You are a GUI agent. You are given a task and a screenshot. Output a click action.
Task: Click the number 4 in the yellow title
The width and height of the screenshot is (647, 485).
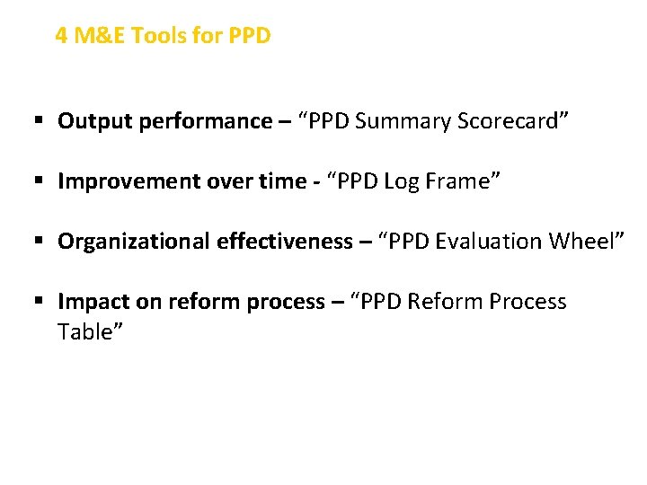point(61,36)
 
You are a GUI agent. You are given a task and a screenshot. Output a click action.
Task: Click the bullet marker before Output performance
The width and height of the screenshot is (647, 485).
point(40,121)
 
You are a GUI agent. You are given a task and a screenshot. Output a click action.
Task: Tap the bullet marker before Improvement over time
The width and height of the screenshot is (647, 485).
point(40,181)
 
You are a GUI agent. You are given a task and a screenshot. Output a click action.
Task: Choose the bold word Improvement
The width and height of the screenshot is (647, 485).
point(120,181)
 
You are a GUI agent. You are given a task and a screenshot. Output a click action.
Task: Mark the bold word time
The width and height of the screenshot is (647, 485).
point(282,181)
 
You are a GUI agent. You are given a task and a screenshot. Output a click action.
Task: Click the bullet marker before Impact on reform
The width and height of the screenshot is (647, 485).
point(40,302)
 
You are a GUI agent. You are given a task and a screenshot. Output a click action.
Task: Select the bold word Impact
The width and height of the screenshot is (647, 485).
point(89,302)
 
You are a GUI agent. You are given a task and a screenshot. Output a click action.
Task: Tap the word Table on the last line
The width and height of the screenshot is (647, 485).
point(87,332)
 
